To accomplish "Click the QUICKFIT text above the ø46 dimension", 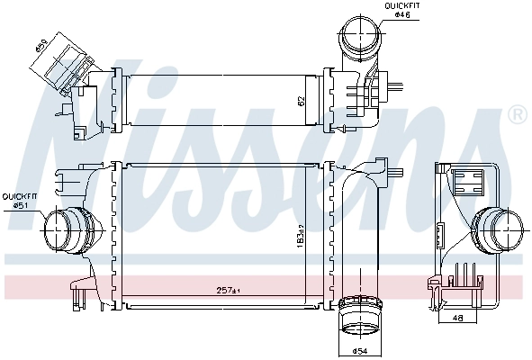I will click(402, 6).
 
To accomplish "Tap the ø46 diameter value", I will click(401, 16).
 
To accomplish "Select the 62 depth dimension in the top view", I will click(302, 101).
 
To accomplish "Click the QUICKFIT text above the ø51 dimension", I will click(18, 196).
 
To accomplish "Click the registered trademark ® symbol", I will click(517, 114).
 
